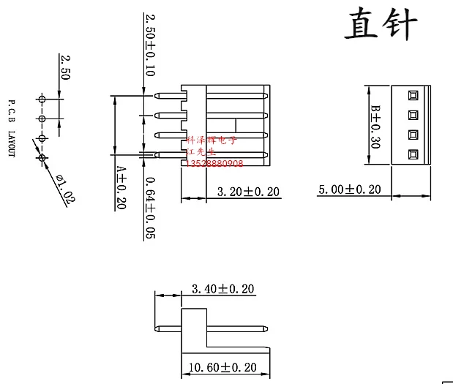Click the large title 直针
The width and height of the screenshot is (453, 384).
381,26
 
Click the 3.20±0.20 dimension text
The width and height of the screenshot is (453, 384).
249,192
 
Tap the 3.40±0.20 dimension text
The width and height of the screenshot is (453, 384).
222,290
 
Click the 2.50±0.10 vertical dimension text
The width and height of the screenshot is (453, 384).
149,45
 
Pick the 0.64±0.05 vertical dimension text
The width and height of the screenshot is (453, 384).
149,208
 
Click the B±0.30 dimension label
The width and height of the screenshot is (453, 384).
375,126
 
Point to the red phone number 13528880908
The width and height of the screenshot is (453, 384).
215,162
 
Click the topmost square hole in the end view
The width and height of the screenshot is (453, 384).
413,95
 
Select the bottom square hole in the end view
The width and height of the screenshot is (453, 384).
413,154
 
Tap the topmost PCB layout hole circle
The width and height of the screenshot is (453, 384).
42,98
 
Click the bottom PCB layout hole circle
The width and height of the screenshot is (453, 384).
42,157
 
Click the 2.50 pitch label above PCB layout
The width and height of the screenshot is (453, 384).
65,67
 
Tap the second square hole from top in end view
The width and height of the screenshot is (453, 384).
413,115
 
